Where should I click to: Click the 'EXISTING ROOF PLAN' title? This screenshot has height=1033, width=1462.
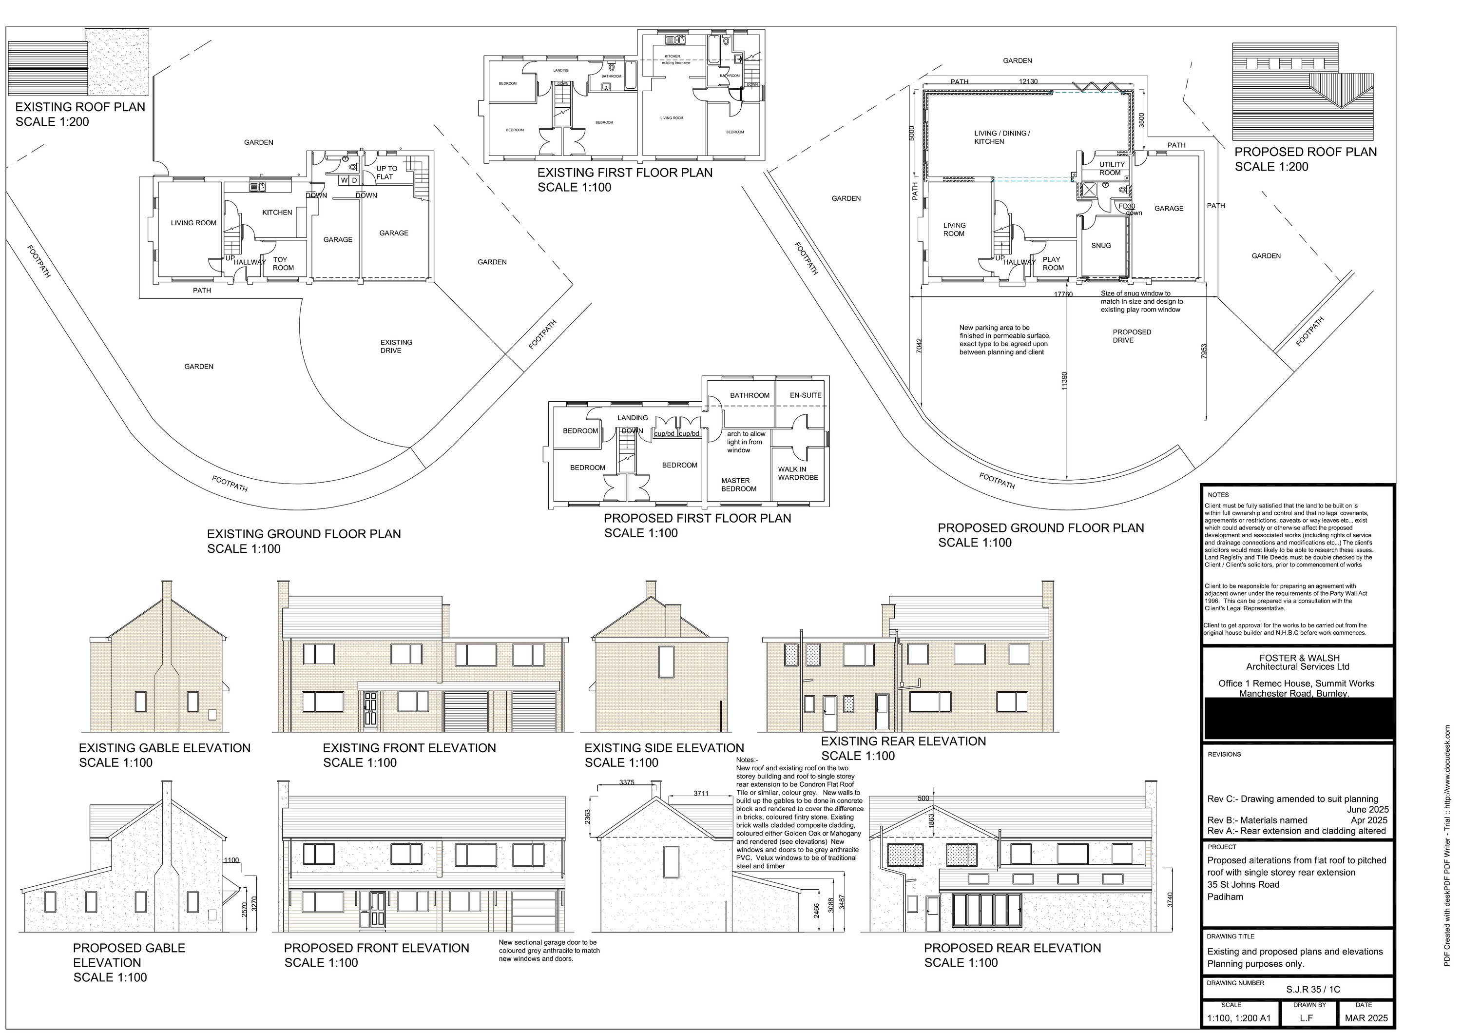coord(80,107)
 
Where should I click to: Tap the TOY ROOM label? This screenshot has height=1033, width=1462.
coord(282,264)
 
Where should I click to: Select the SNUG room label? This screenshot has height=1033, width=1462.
coord(1101,245)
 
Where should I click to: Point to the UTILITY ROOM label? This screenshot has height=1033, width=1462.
coord(1112,168)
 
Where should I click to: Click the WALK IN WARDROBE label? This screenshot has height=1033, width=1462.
coord(797,473)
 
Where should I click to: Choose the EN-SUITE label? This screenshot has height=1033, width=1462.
coord(806,395)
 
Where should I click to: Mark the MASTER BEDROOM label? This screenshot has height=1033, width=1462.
coord(738,485)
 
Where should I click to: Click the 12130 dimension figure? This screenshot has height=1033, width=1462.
coord(1028,81)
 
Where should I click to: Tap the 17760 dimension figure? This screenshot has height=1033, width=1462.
coord(1063,294)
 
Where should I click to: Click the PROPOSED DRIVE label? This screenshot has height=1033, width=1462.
coord(1131,335)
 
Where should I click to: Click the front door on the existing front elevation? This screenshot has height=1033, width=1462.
coord(370,711)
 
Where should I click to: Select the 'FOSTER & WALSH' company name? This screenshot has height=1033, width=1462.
coord(1299,658)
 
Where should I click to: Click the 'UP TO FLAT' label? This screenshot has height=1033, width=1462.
coord(386,173)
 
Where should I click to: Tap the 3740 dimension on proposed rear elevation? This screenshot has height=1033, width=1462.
coord(1169,899)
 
